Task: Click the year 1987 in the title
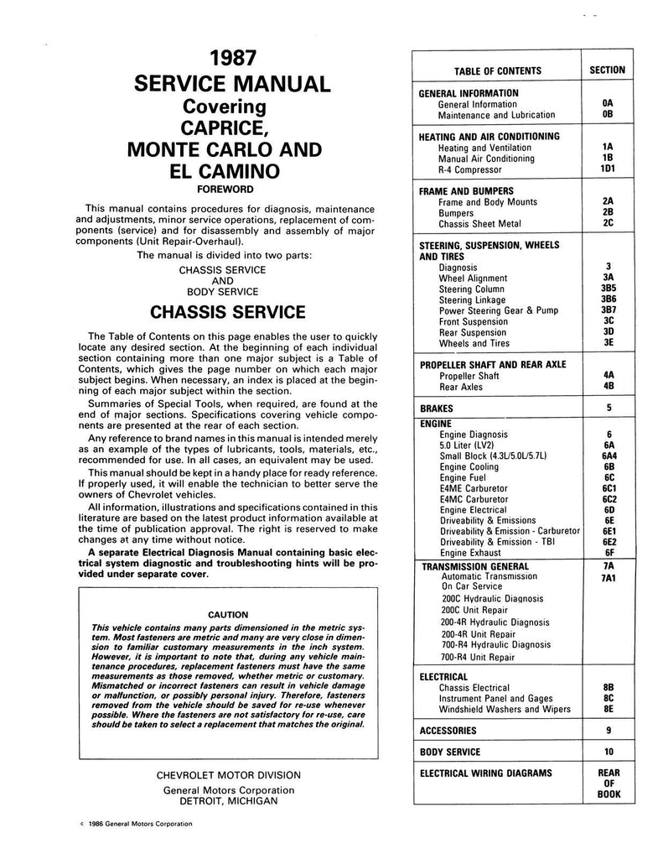227,60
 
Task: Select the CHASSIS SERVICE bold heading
227,313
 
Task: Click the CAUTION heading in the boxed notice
226,613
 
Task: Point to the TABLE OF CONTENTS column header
498,71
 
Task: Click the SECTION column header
607,70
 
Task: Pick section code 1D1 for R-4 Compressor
608,169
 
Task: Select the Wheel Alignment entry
473,279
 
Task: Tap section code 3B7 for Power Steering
608,310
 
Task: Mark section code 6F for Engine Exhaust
608,553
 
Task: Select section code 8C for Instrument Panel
608,698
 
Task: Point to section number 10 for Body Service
608,752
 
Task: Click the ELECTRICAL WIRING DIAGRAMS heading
486,773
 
